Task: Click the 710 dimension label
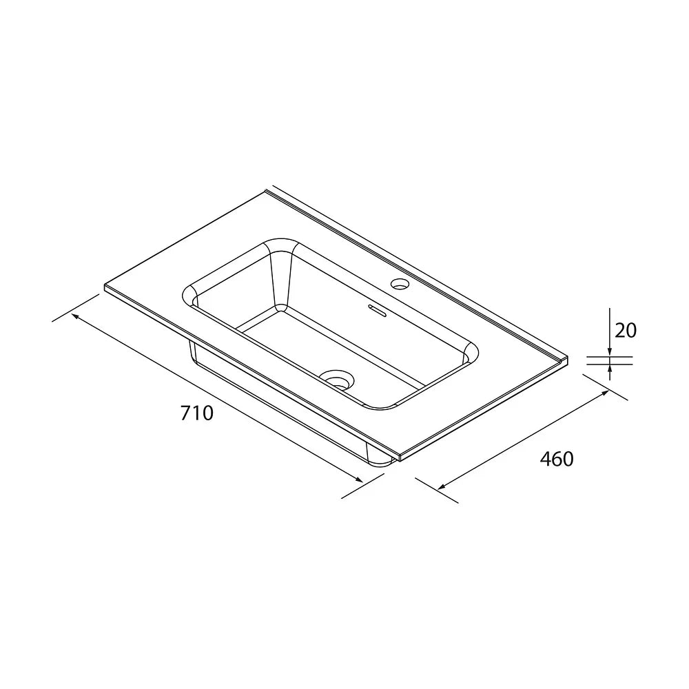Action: click(197, 413)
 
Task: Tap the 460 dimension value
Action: click(557, 459)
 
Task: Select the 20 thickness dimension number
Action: click(626, 331)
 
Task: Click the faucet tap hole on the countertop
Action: click(400, 284)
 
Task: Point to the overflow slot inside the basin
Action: click(378, 310)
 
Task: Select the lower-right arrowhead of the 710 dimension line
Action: click(358, 480)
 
